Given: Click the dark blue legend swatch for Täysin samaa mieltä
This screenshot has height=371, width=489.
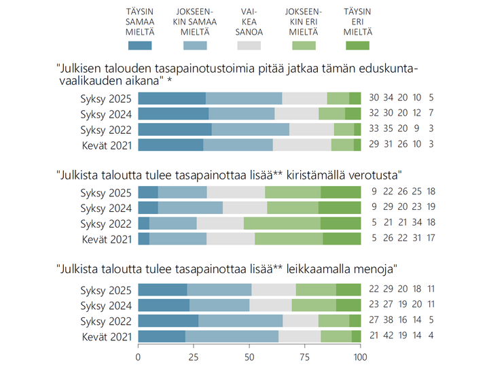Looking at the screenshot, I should [140, 46].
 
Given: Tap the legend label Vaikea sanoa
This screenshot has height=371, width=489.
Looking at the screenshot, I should [249, 21].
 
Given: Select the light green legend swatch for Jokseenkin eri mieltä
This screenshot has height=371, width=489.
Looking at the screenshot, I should [304, 46].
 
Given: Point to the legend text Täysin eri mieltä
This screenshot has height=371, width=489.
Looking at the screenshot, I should [357, 21].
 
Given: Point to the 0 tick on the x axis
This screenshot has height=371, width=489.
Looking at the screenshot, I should [139, 357].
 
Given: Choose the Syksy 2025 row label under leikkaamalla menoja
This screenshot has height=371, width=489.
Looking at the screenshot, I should [107, 289].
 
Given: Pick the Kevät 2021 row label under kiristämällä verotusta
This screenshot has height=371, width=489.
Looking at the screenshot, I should [107, 238].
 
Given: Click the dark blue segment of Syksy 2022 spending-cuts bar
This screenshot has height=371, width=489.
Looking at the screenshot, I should [168, 321].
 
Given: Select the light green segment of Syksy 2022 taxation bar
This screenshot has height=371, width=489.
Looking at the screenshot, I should [282, 223].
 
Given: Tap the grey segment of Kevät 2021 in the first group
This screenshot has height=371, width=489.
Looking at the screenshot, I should [302, 145].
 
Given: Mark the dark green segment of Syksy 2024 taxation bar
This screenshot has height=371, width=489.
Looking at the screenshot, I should [340, 207].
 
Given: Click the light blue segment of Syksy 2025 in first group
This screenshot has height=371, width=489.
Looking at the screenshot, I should [244, 98].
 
